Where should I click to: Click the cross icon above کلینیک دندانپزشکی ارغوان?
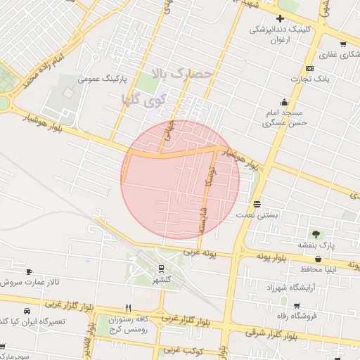(281, 18)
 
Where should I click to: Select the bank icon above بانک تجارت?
(310, 68)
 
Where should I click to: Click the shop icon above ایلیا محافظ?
(319, 259)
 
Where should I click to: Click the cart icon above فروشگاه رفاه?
(297, 306)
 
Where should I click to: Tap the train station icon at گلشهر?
(162, 268)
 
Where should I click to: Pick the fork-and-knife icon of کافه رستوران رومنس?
(128, 308)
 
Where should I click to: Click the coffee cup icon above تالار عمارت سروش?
(29, 271)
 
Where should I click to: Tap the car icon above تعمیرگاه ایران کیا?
(27, 311)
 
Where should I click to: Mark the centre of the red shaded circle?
(180, 180)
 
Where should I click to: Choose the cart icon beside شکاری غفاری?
(343, 44)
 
